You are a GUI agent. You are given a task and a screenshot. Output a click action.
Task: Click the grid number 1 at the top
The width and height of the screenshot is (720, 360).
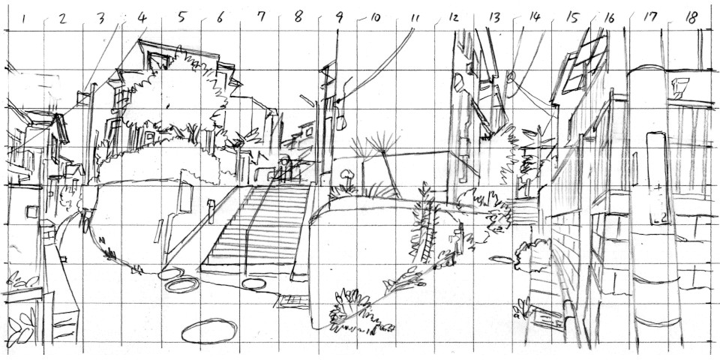coord(23,19)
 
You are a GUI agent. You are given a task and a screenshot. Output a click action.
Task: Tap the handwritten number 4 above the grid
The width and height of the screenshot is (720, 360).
coord(142,18)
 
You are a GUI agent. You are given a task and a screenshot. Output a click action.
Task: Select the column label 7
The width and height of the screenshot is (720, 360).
coord(261,17)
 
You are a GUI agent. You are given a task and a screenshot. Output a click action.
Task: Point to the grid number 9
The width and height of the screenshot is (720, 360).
coord(339,17)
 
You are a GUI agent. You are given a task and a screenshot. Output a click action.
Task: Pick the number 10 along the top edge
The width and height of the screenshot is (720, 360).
coord(375,18)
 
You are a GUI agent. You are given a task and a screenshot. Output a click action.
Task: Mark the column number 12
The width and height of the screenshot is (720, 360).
coord(453,18)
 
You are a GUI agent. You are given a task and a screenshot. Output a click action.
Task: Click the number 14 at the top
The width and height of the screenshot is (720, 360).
coord(535,17)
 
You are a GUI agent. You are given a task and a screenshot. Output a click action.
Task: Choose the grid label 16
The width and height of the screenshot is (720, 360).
coord(609,18)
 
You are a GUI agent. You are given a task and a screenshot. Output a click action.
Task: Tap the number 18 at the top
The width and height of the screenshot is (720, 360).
coord(691,17)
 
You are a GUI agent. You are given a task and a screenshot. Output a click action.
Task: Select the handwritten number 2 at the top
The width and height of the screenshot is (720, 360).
coord(62,18)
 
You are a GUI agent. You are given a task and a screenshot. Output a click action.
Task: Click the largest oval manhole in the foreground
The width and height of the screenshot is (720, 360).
coord(209,331)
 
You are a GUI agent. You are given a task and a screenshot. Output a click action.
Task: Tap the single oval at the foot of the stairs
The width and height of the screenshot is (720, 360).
coord(254,283)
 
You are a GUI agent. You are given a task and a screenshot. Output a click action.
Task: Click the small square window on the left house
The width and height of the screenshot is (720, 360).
coord(32,211)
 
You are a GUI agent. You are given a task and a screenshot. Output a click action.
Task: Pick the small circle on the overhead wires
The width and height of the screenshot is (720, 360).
coord(511,76)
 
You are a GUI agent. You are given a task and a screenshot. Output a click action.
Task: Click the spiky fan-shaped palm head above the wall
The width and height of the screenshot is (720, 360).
coord(382,143)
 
